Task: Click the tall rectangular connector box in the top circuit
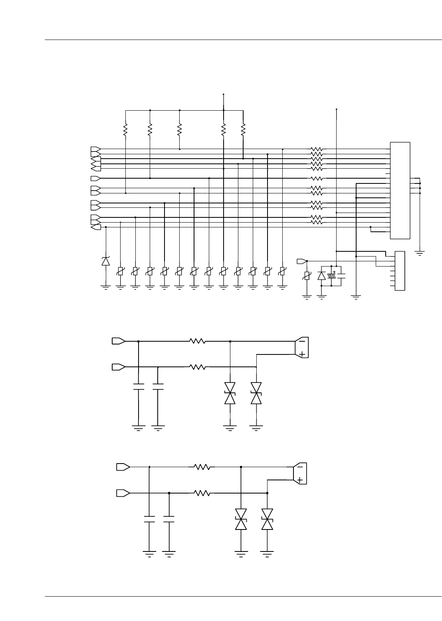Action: (400, 190)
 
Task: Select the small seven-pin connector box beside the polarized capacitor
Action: (399, 271)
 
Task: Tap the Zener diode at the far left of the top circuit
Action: (105, 261)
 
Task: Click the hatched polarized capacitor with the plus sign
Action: (331, 276)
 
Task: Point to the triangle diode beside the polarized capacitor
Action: (321, 276)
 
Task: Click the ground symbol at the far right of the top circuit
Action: (420, 253)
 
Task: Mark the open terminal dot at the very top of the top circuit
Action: (224, 95)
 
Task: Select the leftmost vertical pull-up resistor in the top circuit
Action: (125, 129)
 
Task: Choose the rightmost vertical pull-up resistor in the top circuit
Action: (243, 129)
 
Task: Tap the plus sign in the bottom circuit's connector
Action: (300, 480)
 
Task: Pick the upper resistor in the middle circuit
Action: (197, 341)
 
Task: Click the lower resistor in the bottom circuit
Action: (202, 494)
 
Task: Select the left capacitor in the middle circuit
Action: (138, 387)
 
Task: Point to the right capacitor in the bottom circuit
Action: (169, 519)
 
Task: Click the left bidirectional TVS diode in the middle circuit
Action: (230, 393)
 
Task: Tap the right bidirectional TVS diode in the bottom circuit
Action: (267, 519)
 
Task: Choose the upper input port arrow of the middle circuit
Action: (119, 341)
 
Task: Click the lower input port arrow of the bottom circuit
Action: (123, 493)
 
